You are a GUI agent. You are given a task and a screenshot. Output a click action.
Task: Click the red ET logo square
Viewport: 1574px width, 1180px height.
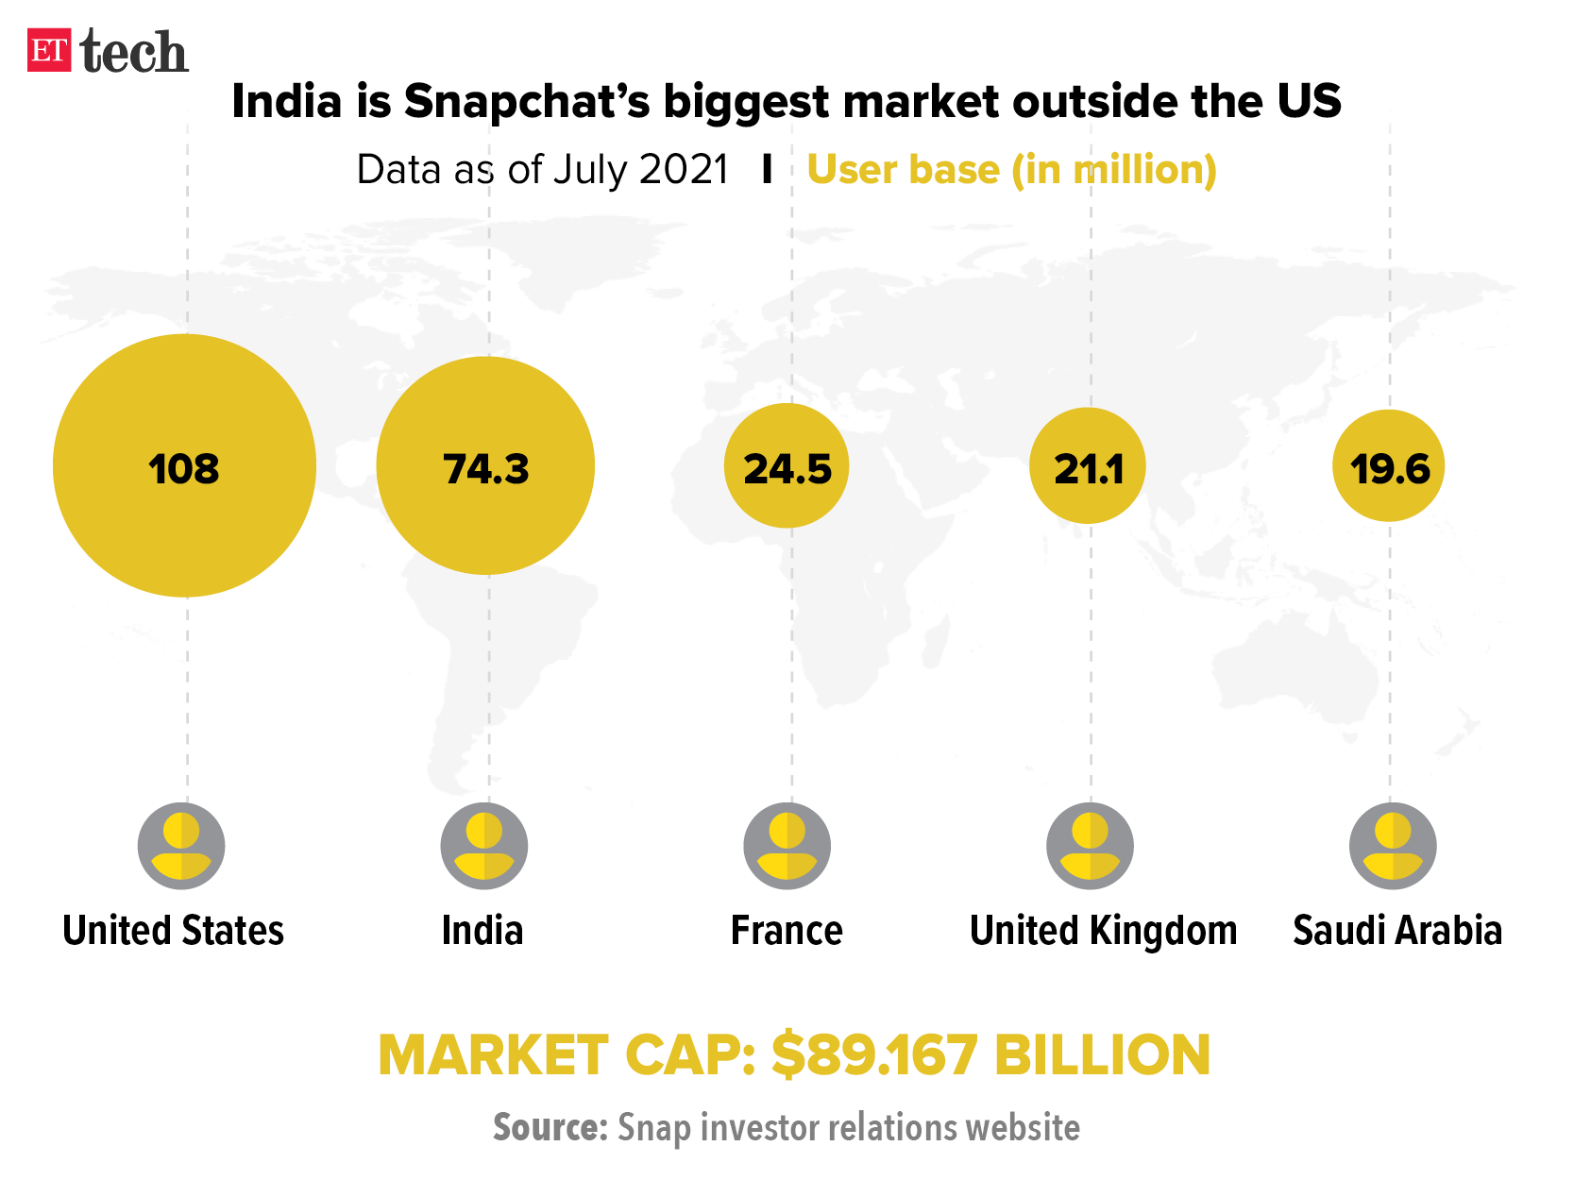tap(49, 50)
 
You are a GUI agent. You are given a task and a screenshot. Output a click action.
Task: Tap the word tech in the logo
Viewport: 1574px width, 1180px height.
tap(134, 52)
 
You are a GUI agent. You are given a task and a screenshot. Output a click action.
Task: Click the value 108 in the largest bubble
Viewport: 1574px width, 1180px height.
tap(184, 468)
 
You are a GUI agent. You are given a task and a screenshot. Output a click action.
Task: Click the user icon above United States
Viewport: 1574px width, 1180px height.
tap(181, 846)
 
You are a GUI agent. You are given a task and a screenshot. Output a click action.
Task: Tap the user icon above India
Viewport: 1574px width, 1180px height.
tap(484, 846)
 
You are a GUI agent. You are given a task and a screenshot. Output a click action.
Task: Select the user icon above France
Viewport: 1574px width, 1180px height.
tap(787, 846)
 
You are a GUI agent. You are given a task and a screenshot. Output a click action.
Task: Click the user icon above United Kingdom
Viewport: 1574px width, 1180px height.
tap(1090, 846)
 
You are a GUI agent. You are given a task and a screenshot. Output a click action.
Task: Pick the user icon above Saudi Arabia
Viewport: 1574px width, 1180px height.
tap(1393, 846)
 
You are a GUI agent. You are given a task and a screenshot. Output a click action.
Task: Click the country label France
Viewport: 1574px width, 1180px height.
tap(787, 931)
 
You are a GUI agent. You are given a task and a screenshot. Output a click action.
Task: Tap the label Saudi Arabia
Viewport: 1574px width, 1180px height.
tap(1396, 931)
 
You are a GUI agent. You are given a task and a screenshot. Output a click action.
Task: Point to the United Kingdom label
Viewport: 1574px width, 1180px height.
tap(1103, 931)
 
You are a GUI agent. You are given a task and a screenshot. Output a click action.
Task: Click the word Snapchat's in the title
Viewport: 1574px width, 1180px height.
tap(527, 102)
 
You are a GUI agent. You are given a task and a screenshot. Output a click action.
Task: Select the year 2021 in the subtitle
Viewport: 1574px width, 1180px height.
tap(684, 170)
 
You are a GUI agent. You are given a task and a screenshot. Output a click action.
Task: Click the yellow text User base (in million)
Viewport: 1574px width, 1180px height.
tap(1011, 170)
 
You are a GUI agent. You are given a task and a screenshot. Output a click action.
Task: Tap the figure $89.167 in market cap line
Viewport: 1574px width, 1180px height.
tap(873, 1055)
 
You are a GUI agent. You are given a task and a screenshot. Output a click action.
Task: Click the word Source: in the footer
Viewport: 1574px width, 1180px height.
tap(550, 1127)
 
